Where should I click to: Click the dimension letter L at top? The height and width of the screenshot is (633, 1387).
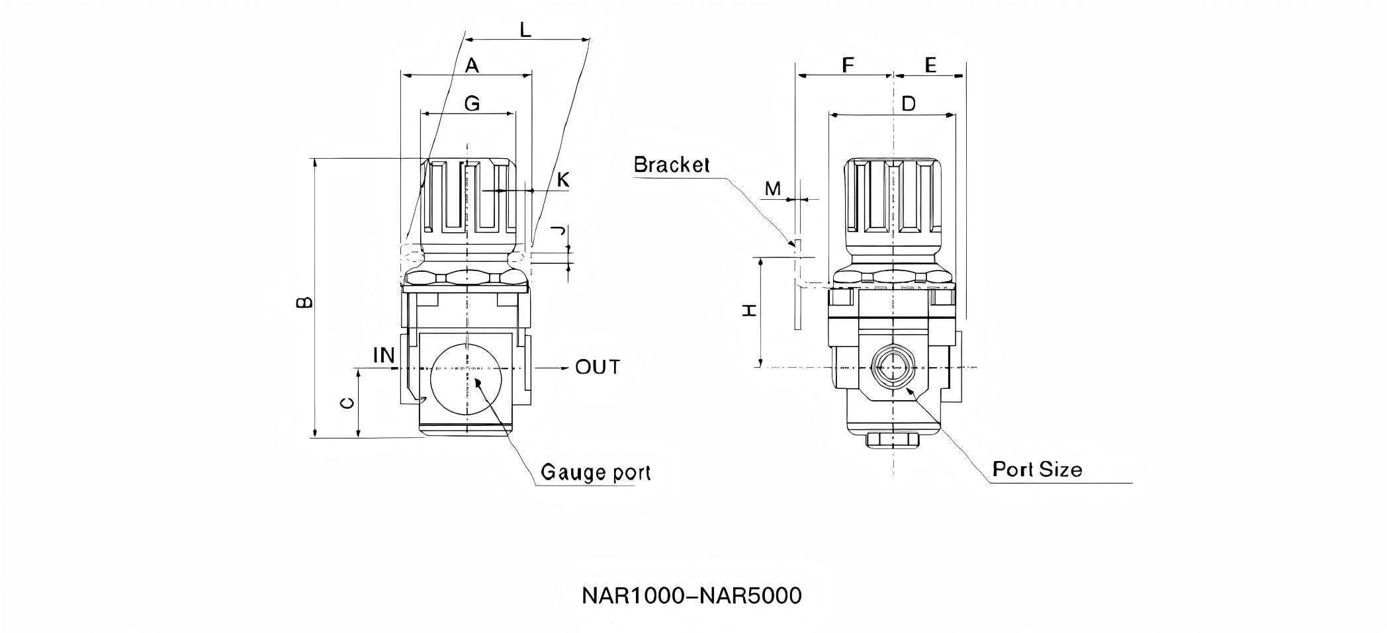coord(525,30)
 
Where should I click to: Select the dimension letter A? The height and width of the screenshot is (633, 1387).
coord(471,65)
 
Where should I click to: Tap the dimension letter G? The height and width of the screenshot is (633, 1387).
coord(471,104)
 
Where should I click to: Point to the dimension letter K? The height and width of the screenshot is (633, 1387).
coord(562,180)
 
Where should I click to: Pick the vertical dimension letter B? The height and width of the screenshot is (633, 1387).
coord(303,302)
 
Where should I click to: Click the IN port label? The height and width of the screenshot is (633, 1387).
coord(384,356)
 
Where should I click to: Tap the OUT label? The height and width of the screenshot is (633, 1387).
coord(597,367)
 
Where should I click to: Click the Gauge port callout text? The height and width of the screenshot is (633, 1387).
coord(596,472)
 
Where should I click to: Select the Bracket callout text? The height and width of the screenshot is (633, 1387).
coord(671,165)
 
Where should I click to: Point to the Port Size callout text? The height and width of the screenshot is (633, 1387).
coord(1037,470)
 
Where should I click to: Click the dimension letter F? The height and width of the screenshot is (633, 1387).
coord(847,65)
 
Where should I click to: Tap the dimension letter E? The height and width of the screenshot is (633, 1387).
coord(930,65)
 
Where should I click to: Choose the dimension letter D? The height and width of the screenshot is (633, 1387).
coord(909,104)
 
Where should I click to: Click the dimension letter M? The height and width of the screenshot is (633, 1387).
coord(772,189)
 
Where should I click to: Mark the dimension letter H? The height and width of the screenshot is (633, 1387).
coord(749,310)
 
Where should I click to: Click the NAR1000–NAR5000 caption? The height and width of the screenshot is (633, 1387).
coord(692,596)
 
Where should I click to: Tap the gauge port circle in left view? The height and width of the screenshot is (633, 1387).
coord(467,380)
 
